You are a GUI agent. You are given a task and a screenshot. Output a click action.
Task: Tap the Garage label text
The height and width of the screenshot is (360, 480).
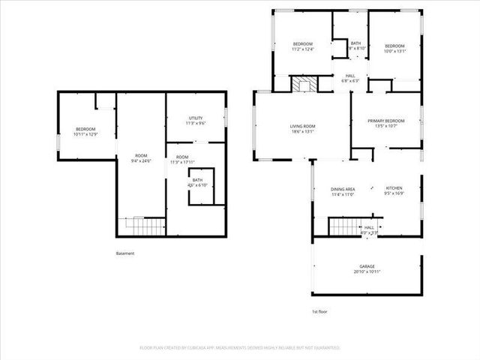tap(366, 268)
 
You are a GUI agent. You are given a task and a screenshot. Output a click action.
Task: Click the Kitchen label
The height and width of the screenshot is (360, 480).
tap(394, 190)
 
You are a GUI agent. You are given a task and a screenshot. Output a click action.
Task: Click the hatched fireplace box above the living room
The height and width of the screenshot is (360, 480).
tap(303, 84)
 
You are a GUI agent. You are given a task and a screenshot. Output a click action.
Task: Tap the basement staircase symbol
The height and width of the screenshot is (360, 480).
tap(143, 226)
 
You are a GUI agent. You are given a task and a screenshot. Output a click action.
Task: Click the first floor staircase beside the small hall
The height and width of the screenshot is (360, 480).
tap(346, 226)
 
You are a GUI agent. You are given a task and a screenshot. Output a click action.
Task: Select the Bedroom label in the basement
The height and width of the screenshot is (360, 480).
tap(85, 132)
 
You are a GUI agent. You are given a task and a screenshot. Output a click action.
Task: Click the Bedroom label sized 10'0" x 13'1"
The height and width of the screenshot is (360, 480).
tap(394, 48)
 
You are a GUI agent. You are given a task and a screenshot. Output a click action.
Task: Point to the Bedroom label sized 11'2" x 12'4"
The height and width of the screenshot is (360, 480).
tap(303, 48)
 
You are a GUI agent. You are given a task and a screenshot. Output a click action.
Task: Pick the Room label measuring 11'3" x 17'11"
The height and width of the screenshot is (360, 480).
tap(182, 159)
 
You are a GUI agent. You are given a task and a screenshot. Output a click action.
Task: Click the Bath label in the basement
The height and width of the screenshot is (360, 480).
tap(197, 182)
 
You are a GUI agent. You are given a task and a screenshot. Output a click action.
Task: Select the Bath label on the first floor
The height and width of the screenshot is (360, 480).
tap(355, 45)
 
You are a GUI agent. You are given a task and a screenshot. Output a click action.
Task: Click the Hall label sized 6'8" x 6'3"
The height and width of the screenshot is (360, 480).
tap(350, 78)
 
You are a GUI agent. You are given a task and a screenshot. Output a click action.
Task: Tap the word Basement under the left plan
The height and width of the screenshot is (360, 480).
tap(125, 253)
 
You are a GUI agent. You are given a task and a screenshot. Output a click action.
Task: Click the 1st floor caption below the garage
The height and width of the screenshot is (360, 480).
tap(319, 311)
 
